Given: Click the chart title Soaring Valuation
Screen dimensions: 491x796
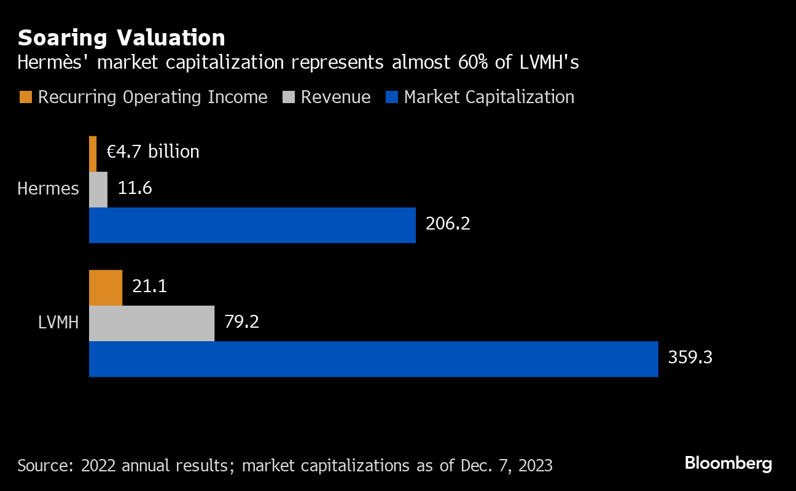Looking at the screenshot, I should pyautogui.click(x=122, y=38).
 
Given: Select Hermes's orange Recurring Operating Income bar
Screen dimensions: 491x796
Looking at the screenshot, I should pyautogui.click(x=93, y=153).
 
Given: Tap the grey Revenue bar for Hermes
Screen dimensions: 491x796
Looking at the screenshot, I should pyautogui.click(x=98, y=190).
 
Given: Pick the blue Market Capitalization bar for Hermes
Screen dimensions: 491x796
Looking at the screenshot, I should pyautogui.click(x=252, y=225).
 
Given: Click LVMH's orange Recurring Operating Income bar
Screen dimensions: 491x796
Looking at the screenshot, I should pyautogui.click(x=106, y=288).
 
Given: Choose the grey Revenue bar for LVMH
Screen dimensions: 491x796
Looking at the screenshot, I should pyautogui.click(x=152, y=323).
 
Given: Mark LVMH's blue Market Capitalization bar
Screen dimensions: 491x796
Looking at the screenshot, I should pyautogui.click(x=373, y=359).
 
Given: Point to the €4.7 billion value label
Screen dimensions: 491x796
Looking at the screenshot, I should pyautogui.click(x=153, y=152).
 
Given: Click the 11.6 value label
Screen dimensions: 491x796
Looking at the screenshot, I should pyautogui.click(x=135, y=188).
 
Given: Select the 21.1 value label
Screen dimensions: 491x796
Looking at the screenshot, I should pyautogui.click(x=150, y=286).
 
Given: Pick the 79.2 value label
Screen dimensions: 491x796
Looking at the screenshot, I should pyautogui.click(x=241, y=322).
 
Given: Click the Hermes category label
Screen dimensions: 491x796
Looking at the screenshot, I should pyautogui.click(x=48, y=189).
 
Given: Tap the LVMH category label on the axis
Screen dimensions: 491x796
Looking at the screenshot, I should pyautogui.click(x=58, y=323).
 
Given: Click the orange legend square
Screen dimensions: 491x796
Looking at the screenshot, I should pyautogui.click(x=25, y=97).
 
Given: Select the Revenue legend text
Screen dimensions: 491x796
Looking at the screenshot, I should pyautogui.click(x=335, y=98).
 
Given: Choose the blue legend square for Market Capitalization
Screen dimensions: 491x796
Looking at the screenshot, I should pyautogui.click(x=391, y=97).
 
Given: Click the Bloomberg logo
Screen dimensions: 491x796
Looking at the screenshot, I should pyautogui.click(x=728, y=463).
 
